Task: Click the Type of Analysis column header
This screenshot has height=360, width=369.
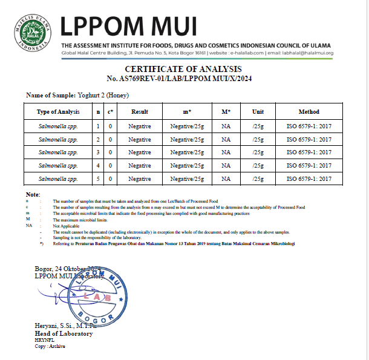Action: pyautogui.click(x=58, y=112)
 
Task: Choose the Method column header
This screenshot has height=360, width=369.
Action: pyautogui.click(x=309, y=112)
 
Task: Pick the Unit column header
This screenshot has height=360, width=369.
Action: pyautogui.click(x=258, y=112)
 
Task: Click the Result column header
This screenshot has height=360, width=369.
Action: pyautogui.click(x=139, y=112)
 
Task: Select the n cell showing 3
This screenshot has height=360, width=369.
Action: pyautogui.click(x=98, y=152)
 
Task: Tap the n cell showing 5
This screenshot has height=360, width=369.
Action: pyautogui.click(x=98, y=178)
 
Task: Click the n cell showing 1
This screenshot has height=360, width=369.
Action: pyautogui.click(x=98, y=125)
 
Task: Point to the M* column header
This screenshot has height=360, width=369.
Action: pyautogui.click(x=226, y=112)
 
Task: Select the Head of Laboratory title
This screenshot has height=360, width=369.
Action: pyautogui.click(x=64, y=333)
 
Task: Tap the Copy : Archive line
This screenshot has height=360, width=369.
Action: pyautogui.click(x=50, y=346)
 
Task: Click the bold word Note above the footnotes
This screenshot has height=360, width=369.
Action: pyautogui.click(x=33, y=194)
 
